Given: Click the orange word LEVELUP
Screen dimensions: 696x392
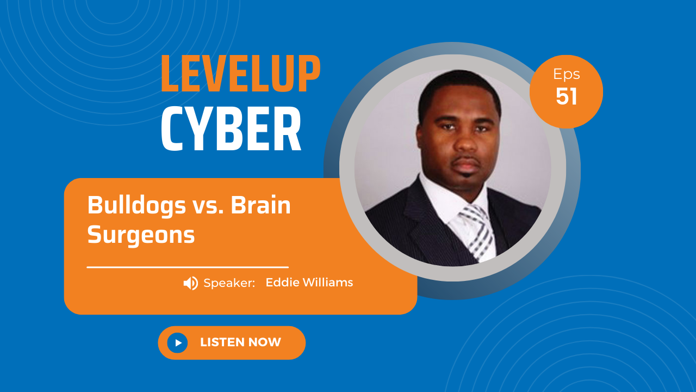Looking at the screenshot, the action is (x=240, y=73).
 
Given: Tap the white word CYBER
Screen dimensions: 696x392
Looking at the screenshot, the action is (x=231, y=128).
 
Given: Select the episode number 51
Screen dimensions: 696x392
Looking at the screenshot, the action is (x=567, y=96).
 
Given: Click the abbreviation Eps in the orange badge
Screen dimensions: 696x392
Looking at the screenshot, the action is (x=567, y=75).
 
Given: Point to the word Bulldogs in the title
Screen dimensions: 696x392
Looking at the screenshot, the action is (x=136, y=206).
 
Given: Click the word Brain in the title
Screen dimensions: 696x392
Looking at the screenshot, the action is (x=260, y=205).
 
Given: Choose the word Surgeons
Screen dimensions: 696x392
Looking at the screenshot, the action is (x=141, y=235).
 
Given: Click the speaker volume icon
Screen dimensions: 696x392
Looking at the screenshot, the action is (x=190, y=283).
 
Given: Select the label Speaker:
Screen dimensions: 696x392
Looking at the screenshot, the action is (x=229, y=283).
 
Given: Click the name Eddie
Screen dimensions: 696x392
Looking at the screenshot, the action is (x=282, y=283).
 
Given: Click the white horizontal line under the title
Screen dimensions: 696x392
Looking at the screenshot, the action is (x=188, y=267).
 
